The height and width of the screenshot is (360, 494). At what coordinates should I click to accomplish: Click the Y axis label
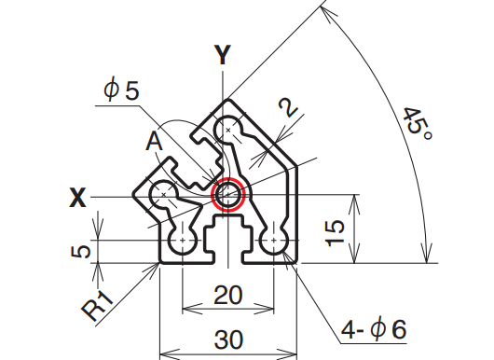pos(223,55)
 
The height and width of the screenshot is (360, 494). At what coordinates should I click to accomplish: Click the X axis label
pos(77,198)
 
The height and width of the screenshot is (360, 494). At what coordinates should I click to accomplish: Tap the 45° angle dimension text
pos(418,124)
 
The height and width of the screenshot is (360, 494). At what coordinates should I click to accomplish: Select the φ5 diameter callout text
pos(121,90)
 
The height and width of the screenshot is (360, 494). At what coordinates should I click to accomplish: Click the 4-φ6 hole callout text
pos(374,329)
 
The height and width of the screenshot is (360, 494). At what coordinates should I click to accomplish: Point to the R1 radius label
pos(97,305)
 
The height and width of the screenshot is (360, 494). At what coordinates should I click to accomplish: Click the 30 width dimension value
pos(228,340)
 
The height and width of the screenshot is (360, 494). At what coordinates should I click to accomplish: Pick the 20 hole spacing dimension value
pos(228,295)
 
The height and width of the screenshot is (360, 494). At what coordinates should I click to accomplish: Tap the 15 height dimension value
pos(335,232)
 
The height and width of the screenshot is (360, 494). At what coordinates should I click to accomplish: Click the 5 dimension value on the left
pos(81,252)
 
